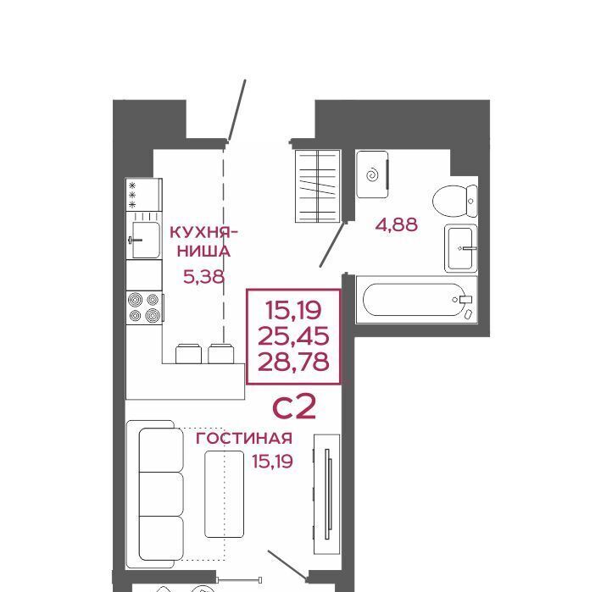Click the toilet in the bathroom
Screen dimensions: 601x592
(455, 201)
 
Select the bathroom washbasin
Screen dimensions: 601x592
(461, 248)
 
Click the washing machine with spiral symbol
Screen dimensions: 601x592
(372, 174)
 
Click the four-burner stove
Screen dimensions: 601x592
(144, 307)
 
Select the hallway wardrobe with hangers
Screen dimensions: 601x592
(318, 186)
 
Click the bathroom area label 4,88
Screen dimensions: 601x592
(397, 224)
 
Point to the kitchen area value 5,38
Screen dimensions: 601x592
(203, 276)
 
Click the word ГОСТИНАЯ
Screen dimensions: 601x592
(244, 439)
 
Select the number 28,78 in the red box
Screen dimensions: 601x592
(293, 362)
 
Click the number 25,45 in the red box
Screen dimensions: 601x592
(293, 336)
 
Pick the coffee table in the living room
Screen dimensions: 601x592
(225, 494)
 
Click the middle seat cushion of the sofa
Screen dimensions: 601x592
(161, 494)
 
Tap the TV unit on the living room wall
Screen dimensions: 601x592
(327, 494)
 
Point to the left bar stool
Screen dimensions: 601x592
(188, 354)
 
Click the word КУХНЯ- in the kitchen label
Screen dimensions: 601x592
(203, 232)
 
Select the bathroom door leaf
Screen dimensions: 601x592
(332, 245)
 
